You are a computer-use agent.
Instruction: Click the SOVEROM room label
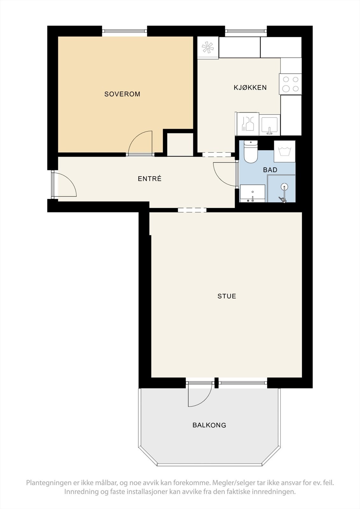pyautogui.click(x=122, y=94)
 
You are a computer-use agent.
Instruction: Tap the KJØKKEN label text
pyautogui.click(x=250, y=87)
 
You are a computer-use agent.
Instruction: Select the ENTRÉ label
pyautogui.click(x=150, y=178)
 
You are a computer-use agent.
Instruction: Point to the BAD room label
pyautogui.click(x=270, y=170)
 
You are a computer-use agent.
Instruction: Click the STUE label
pyautogui.click(x=227, y=296)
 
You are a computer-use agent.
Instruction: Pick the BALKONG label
pyautogui.click(x=209, y=425)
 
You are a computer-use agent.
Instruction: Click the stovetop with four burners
pyautogui.click(x=290, y=84)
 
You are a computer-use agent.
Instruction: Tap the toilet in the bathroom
pyautogui.click(x=251, y=151)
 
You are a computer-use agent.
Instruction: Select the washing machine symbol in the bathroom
pyautogui.click(x=285, y=151)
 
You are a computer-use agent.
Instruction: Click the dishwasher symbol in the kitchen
pyautogui.click(x=247, y=124)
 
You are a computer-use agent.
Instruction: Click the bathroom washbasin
pyautogui.click(x=253, y=193)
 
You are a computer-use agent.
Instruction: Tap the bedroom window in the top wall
pyautogui.click(x=124, y=32)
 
